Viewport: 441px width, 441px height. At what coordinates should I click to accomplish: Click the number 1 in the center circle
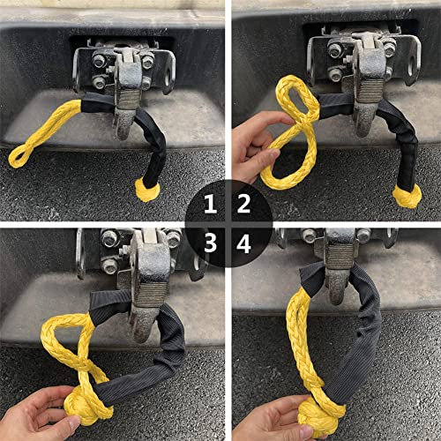(210, 204)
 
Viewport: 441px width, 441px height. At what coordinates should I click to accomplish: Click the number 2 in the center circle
(243, 204)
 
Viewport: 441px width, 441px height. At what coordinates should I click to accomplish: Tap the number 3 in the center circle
(210, 243)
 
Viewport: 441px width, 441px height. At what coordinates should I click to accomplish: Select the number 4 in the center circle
(244, 243)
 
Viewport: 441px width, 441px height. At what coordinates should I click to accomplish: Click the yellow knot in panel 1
(147, 191)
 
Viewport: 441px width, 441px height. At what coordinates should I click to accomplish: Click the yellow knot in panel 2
(407, 197)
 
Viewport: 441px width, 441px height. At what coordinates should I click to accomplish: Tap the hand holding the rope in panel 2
(256, 147)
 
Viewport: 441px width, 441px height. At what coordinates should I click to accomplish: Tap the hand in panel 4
(272, 419)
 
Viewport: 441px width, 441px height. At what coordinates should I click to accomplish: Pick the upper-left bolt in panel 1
(100, 60)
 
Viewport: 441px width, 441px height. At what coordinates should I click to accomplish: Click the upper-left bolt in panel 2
(335, 49)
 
